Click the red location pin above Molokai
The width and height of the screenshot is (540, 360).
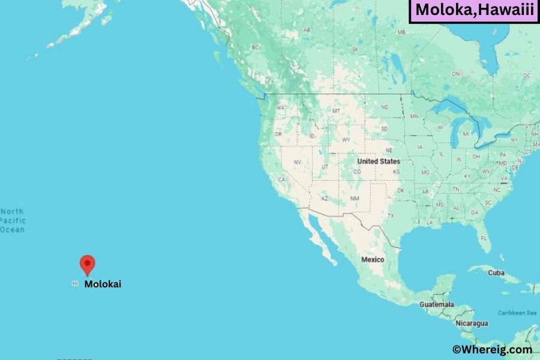tap(88, 265)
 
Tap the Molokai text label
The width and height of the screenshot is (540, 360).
tap(103, 284)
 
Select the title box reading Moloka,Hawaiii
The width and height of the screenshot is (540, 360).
tap(473, 11)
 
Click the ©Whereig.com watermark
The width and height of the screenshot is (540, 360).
tap(492, 349)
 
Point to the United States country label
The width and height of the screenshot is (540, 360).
tap(378, 161)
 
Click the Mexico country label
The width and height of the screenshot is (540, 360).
tap(373, 260)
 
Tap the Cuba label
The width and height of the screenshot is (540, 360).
tap(496, 272)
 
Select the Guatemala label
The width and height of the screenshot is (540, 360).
tap(436, 305)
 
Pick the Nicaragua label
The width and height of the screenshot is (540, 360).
tap(471, 323)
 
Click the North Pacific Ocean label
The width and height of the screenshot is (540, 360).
tap(13, 220)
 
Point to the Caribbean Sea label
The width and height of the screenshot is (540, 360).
tap(517, 313)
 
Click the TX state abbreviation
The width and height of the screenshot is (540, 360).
tap(391, 215)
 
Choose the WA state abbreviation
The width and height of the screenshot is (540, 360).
tap(279, 109)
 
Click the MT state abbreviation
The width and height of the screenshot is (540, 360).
tap(336, 111)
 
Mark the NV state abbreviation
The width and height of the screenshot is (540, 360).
tap(297, 162)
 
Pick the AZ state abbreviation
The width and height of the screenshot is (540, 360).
tap(325, 198)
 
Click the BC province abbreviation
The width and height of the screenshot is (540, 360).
tap(255, 47)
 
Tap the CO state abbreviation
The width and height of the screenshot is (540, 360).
tap(357, 172)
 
